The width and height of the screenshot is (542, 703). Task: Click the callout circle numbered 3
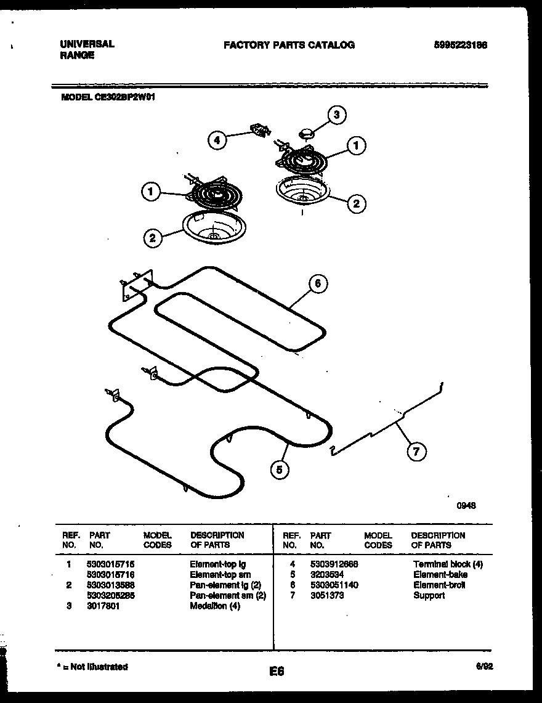point(336,115)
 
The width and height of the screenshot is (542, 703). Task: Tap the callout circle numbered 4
point(217,140)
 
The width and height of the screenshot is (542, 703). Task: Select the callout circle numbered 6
point(317,284)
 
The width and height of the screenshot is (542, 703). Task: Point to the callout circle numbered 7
point(416,452)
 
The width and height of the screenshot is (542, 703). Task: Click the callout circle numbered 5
point(280,470)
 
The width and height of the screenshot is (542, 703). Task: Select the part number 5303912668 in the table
point(334,564)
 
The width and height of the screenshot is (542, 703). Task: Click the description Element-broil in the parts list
point(439,585)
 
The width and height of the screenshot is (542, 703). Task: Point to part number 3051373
point(327,596)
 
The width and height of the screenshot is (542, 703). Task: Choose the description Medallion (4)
point(215,606)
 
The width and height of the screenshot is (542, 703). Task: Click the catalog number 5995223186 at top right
point(456,45)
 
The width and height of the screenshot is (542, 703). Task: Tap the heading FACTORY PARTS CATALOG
point(289,45)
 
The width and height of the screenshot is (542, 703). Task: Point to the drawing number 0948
point(466,506)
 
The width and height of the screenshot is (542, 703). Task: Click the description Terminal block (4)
point(448,564)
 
